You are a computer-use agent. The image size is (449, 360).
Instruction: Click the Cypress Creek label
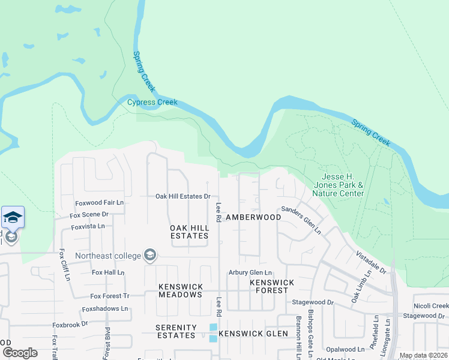click(x=152, y=102)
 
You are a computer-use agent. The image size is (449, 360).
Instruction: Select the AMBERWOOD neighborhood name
click(x=253, y=217)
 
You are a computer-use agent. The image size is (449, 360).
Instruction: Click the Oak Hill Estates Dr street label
click(x=183, y=196)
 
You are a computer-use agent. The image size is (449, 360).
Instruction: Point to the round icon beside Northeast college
click(x=149, y=256)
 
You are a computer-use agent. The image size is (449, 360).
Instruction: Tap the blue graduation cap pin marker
click(x=13, y=217)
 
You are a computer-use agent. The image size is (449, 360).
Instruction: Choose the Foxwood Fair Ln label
click(x=99, y=203)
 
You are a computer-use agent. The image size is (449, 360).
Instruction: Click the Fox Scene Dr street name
click(x=89, y=214)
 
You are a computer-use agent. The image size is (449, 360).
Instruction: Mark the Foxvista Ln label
click(x=88, y=226)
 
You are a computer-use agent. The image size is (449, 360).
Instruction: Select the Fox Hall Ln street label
click(x=107, y=272)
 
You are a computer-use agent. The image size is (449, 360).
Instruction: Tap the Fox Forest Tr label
click(x=109, y=296)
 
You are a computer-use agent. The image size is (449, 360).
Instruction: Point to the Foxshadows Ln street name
click(x=105, y=308)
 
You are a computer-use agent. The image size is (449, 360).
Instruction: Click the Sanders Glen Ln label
click(x=301, y=220)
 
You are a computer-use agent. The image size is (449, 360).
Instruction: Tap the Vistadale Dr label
click(x=371, y=262)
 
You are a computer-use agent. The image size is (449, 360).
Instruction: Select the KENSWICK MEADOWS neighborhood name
click(x=181, y=290)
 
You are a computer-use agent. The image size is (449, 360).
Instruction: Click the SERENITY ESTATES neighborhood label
click(x=176, y=332)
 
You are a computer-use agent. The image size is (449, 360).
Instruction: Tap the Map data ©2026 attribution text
click(x=423, y=355)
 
